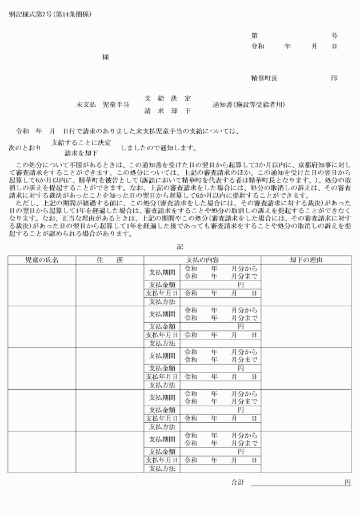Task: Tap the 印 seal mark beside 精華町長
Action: (334, 77)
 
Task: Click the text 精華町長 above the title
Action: (265, 77)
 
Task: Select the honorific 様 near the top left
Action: (106, 57)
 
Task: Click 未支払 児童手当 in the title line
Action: (102, 105)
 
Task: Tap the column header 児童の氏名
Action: (42, 260)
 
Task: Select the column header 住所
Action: (110, 260)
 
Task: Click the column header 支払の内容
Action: (202, 260)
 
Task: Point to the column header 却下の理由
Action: (306, 260)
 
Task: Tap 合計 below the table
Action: (237, 483)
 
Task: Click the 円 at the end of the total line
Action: (347, 483)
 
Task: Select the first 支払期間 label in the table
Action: (162, 272)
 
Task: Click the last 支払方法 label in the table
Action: (162, 469)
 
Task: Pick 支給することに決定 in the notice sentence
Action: (81, 142)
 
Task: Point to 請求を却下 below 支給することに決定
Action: (81, 153)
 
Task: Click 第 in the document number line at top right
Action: (254, 35)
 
